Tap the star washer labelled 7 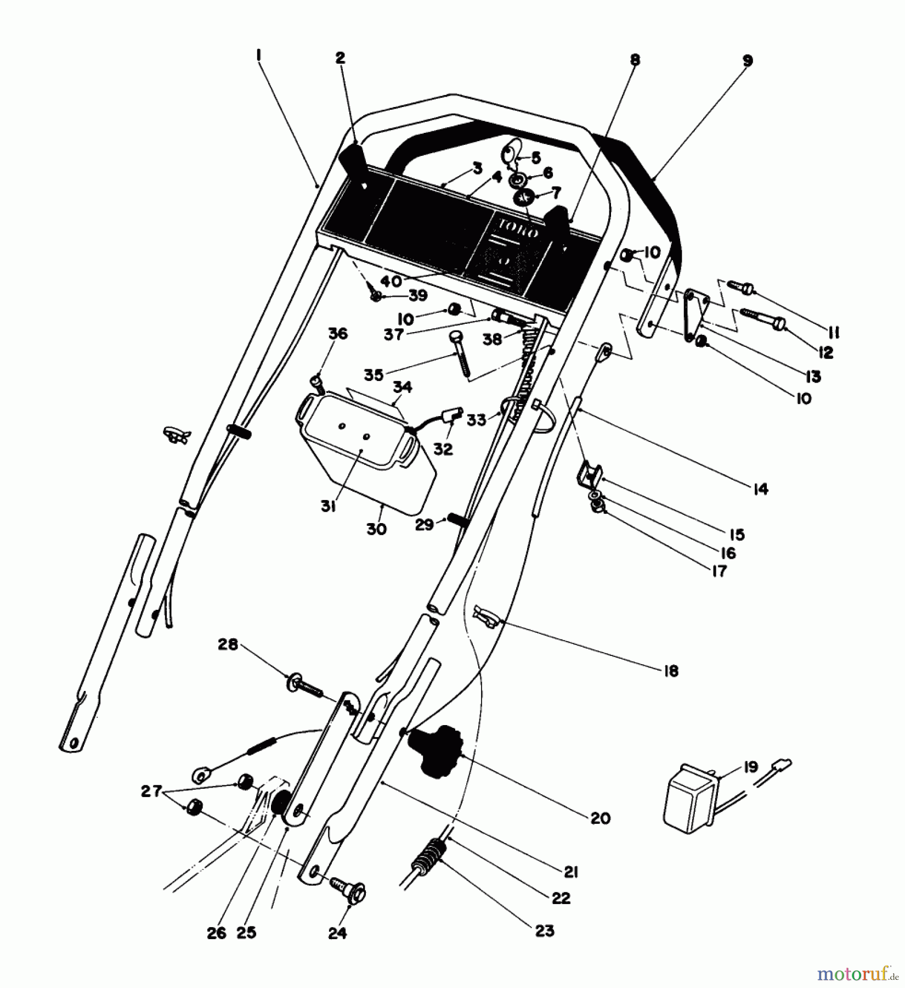[524, 197]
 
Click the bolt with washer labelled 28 [306, 686]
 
